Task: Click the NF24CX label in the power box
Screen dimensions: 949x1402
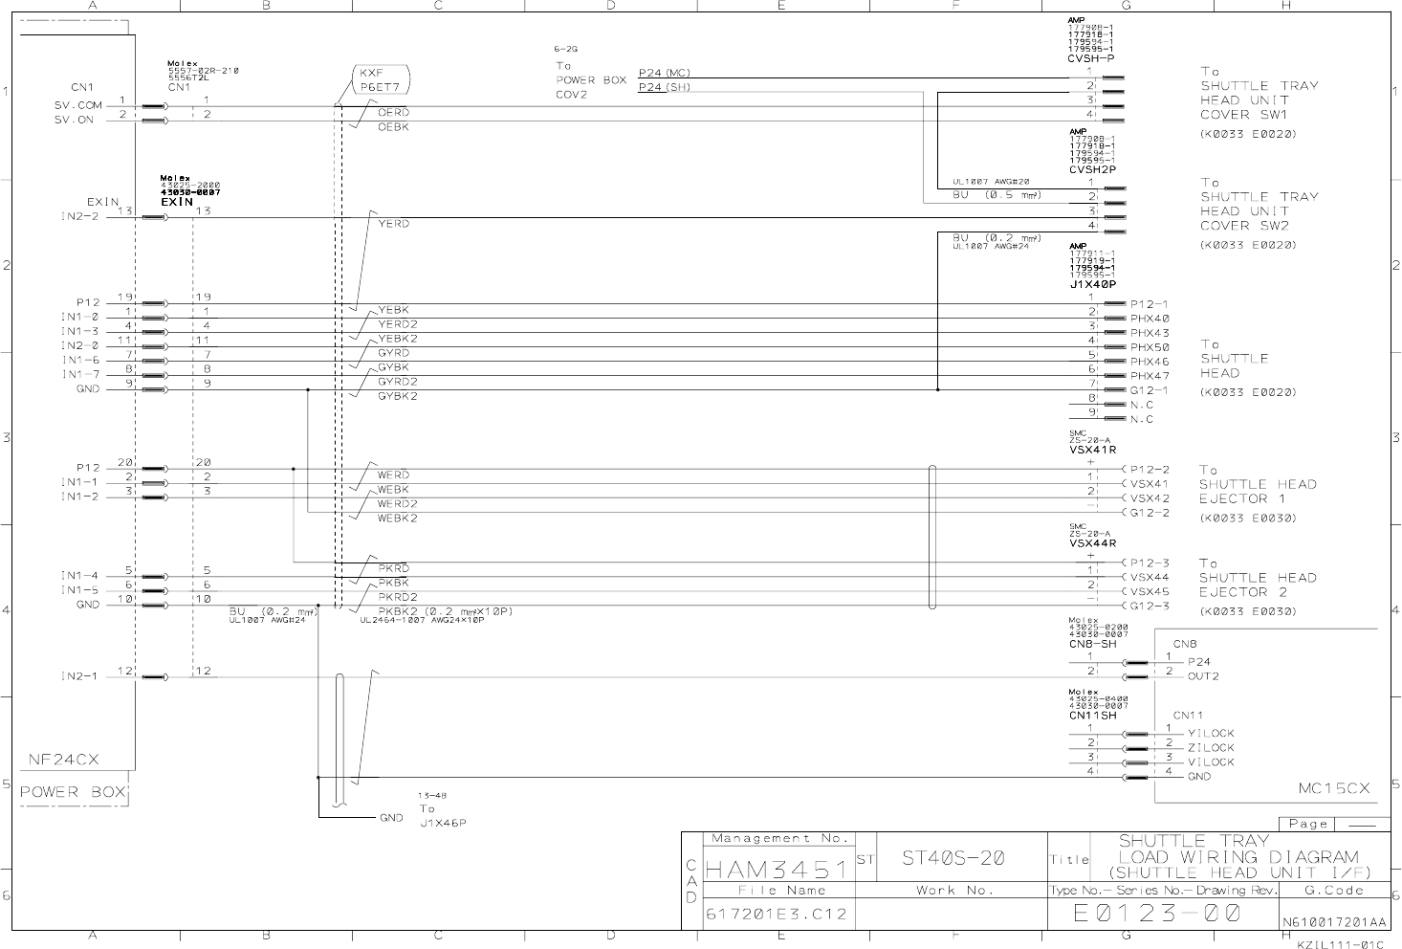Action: [63, 760]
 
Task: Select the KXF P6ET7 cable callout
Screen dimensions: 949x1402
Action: [380, 79]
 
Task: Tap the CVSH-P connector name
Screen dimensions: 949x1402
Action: [1090, 59]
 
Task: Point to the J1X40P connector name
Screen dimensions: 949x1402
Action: [1092, 284]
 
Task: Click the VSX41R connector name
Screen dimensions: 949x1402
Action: [1093, 450]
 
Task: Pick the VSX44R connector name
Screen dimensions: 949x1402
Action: [1093, 543]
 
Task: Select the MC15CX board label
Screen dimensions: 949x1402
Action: [1333, 788]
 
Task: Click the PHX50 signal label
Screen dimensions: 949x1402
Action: [1150, 347]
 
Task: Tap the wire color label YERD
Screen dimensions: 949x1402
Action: [393, 224]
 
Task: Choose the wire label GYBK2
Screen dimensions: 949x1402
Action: [398, 396]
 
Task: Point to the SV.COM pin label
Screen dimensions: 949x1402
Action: [78, 105]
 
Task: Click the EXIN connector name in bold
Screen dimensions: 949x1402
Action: [177, 202]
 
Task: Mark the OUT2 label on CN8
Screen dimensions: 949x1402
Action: [1203, 676]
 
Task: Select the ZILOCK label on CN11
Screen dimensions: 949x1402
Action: [1211, 748]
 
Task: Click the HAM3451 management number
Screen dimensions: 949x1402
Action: [776, 870]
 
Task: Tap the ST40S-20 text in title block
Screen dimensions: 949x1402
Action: [953, 858]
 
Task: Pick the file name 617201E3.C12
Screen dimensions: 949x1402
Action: [776, 915]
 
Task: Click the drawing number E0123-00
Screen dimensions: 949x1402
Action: [1156, 914]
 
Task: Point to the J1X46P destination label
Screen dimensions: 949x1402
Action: [442, 823]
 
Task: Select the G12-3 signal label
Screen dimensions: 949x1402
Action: [1150, 606]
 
